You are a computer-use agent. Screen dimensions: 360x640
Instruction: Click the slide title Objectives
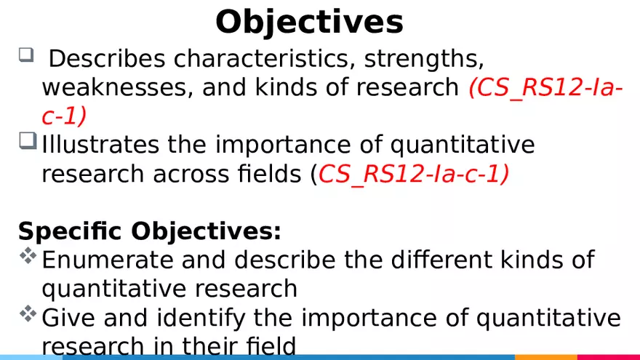[x=309, y=22]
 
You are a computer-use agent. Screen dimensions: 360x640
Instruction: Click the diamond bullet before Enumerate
[x=28, y=255]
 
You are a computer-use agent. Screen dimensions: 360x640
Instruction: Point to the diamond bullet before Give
[x=28, y=313]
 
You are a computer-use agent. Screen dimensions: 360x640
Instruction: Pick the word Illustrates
[x=101, y=145]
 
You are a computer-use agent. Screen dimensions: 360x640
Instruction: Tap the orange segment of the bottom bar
[x=545, y=357]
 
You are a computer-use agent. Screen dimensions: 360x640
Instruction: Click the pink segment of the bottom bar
[x=608, y=357]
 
